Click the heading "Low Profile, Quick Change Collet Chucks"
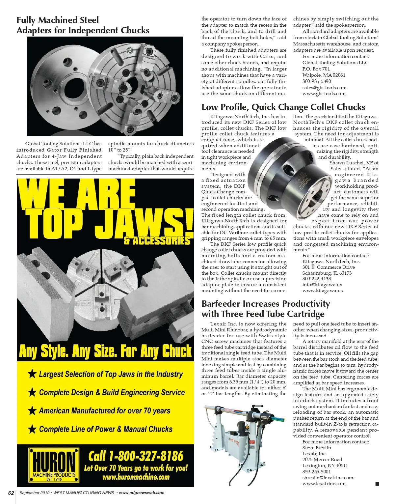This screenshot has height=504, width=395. pyautogui.click(x=283, y=107)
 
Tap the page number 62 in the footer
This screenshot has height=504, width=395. pyautogui.click(x=11, y=493)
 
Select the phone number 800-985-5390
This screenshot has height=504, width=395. pyautogui.click(x=317, y=81)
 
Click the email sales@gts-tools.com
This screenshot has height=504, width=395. pyautogui.click(x=324, y=88)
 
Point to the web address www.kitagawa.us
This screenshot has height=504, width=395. pyautogui.click(x=322, y=291)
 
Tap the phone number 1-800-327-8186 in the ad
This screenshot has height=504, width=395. pyautogui.click(x=136, y=456)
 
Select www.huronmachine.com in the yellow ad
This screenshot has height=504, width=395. pyautogui.click(x=136, y=477)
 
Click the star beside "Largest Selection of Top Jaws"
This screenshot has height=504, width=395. pyautogui.click(x=32, y=374)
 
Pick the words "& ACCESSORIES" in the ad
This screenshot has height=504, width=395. pyautogui.click(x=157, y=241)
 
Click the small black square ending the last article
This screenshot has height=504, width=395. pyautogui.click(x=377, y=484)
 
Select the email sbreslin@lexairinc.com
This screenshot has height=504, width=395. pyautogui.click(x=328, y=478)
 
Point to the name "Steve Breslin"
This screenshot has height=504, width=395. pyautogui.click(x=317, y=448)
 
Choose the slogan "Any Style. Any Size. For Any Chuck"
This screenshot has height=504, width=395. pyautogui.click(x=105, y=351)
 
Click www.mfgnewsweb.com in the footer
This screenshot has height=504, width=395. pyautogui.click(x=141, y=493)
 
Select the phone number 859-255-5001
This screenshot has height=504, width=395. pyautogui.click(x=317, y=472)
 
